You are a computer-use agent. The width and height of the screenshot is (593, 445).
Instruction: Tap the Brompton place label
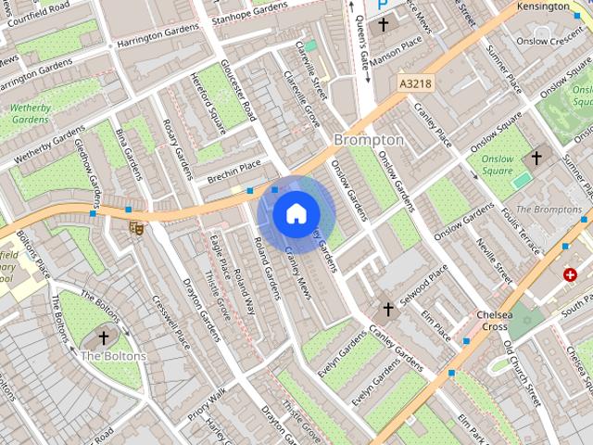coord(368,139)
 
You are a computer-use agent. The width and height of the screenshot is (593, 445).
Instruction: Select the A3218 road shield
coord(415,83)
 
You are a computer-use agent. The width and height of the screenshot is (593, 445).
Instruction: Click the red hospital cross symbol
coord(570,274)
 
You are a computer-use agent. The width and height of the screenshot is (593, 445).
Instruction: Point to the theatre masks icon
coord(136,227)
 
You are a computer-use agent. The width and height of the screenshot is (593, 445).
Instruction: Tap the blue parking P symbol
coord(382,5)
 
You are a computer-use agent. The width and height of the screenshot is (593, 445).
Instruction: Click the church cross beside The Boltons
coord(104,338)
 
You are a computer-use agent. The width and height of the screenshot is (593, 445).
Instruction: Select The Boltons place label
coord(113,356)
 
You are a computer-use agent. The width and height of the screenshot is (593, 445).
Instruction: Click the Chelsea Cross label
coord(491,321)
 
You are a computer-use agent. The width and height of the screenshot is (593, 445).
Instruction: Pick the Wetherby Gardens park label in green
coord(30,113)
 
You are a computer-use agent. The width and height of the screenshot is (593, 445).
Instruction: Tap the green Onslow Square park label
coord(497,165)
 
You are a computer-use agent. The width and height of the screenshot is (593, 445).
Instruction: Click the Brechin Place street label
coord(234,171)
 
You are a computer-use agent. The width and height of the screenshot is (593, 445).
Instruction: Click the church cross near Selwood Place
coord(389,308)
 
